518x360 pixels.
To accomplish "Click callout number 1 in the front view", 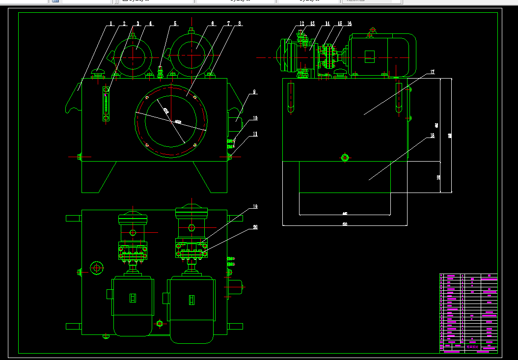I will (x=111, y=23).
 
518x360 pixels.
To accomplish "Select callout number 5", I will (x=175, y=23).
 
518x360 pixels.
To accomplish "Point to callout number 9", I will (x=255, y=91).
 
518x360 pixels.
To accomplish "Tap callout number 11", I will (x=255, y=134).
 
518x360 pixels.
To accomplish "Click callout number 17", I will (x=432, y=72).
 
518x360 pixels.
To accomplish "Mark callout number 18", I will (x=432, y=136).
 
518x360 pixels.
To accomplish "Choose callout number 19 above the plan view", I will (x=255, y=206).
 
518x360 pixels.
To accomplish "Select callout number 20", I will (x=255, y=227).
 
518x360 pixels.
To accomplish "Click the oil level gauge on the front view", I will (x=106, y=104).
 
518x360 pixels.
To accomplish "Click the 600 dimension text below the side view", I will (x=345, y=224).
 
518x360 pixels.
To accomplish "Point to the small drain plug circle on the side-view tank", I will (x=345, y=157).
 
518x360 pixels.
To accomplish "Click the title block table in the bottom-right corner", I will (x=468, y=313).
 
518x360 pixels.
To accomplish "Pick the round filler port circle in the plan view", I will (x=97, y=268).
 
